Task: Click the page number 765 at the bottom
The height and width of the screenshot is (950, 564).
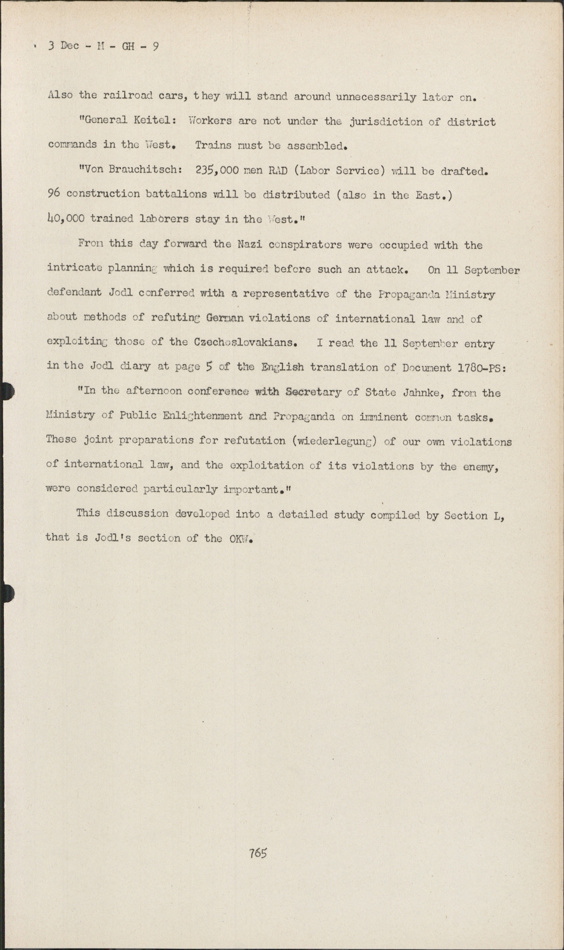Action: click(x=258, y=852)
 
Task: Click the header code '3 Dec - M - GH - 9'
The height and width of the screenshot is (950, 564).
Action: click(x=102, y=47)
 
